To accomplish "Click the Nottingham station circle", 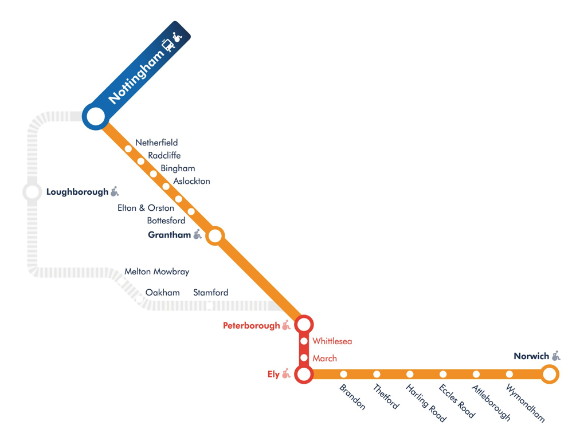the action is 96,116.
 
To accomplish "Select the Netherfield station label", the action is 156,142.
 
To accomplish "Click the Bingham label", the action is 178,168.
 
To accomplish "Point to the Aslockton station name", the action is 191,181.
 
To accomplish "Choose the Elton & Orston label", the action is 146,208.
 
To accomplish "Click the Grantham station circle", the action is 215,235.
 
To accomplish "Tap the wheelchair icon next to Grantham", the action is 198,234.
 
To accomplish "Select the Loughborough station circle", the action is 32,192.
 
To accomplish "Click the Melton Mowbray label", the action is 157,271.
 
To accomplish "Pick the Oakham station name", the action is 162,293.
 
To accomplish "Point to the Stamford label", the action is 210,293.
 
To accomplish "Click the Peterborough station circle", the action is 304,325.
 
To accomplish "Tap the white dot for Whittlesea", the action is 304,341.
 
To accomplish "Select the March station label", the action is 325,358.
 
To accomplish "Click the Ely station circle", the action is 304,374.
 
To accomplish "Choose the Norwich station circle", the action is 549,374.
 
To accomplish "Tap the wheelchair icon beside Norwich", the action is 556,356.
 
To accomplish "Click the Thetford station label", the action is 386,396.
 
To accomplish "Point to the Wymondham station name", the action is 525,403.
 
